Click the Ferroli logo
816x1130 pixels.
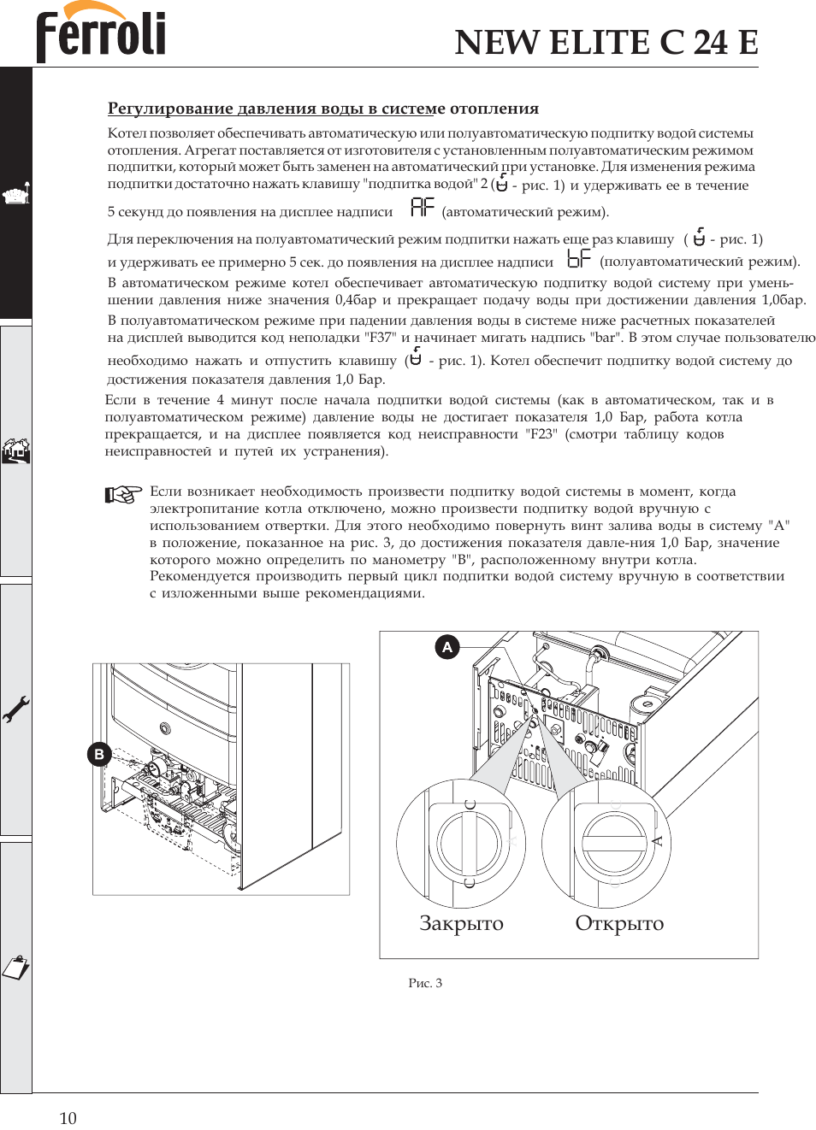coord(101,33)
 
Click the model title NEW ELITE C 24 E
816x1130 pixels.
coord(606,42)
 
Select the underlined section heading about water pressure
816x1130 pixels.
coord(322,109)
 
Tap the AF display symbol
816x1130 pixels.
coord(423,207)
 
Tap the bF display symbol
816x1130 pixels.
coord(579,258)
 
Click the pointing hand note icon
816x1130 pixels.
coord(123,494)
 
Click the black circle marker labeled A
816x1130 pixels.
coord(447,647)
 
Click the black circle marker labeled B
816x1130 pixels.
coord(99,754)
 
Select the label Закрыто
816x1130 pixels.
coord(461,923)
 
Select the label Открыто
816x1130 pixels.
coord(619,923)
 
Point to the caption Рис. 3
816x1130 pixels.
coord(425,983)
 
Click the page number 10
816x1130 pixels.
coord(68,1118)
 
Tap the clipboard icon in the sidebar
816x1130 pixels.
coord(15,968)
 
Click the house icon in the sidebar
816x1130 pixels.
coord(15,450)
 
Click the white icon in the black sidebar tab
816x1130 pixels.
coord(15,195)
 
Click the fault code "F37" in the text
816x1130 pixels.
coord(380,338)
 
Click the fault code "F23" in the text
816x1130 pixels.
coord(541,434)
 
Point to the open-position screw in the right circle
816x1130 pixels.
coord(613,844)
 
